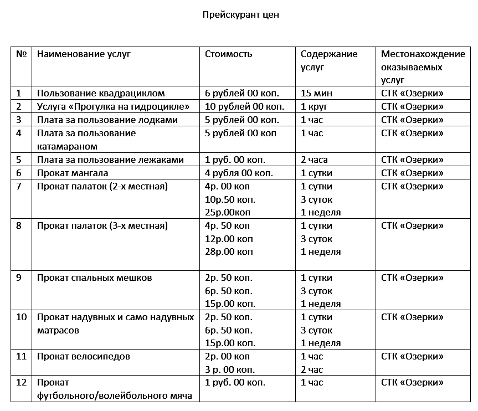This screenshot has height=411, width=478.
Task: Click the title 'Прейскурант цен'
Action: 240,15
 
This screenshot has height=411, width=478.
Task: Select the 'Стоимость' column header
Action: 228,54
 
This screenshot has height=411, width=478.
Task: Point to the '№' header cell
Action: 22,54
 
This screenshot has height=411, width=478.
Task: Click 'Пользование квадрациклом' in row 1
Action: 101,93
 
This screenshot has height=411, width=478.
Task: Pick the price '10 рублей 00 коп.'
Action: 245,106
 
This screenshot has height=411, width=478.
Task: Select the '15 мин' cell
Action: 316,93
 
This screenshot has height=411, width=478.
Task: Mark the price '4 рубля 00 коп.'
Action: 239,173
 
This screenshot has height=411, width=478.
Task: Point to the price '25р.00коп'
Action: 228,212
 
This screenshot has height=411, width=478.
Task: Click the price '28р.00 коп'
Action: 229,251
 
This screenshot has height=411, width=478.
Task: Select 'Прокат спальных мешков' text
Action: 94,278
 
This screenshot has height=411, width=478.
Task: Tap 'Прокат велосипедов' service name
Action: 83,356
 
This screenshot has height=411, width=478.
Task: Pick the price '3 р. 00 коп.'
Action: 230,369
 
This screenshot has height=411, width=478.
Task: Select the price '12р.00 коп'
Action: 229,239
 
